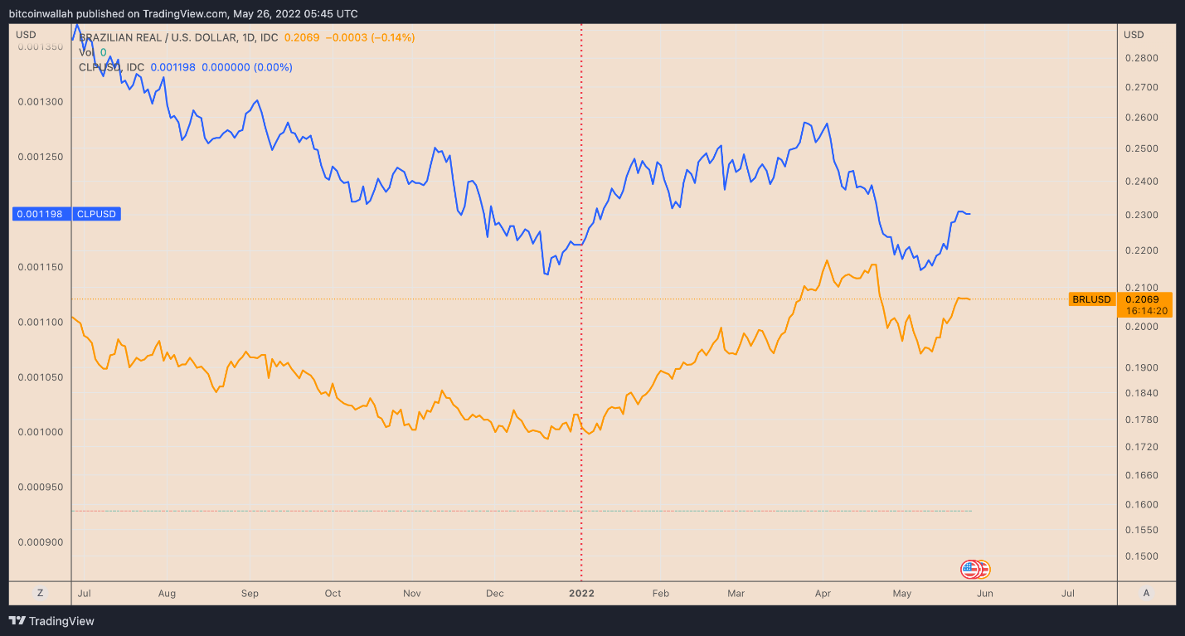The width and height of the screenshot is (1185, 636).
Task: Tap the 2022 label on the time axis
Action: [581, 594]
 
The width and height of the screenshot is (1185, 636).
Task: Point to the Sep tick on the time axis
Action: [250, 594]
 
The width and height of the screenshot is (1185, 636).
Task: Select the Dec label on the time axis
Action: [494, 594]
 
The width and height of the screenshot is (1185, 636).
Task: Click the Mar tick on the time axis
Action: [736, 594]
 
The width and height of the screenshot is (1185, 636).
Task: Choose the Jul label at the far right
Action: [1068, 594]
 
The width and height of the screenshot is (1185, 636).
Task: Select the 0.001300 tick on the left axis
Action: [41, 102]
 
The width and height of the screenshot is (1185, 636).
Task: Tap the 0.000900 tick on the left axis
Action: [41, 542]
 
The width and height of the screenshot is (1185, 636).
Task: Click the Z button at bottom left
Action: [39, 593]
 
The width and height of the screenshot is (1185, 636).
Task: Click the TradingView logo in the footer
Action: [51, 621]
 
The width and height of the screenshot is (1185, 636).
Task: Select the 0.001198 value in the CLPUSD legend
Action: [172, 67]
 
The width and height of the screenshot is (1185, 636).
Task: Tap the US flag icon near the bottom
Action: [970, 570]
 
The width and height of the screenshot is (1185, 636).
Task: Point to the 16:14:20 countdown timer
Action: [1144, 310]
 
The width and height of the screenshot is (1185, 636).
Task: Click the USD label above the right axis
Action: [1134, 34]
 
